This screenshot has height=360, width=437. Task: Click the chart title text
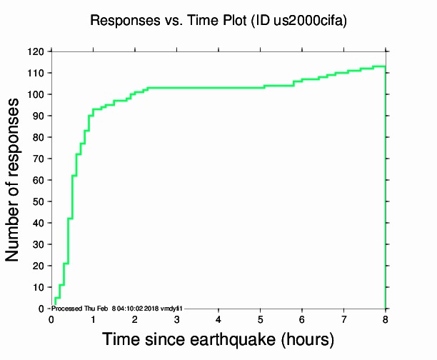click(x=218, y=21)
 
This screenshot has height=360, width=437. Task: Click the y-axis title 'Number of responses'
click(x=14, y=180)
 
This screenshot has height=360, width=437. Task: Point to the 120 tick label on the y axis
click(x=36, y=52)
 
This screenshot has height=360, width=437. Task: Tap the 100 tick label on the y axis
click(x=36, y=95)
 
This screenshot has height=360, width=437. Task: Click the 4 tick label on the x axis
click(x=218, y=318)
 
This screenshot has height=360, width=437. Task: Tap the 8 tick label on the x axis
click(x=386, y=318)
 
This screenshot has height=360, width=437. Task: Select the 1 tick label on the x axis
click(x=93, y=318)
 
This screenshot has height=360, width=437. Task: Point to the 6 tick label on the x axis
click(x=302, y=318)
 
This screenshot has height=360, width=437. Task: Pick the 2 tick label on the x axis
click(x=134, y=318)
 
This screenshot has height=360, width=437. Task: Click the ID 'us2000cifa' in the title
click(x=309, y=21)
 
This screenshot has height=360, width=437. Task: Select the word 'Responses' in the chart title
click(x=124, y=21)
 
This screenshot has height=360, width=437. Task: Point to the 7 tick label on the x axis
click(x=343, y=318)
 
